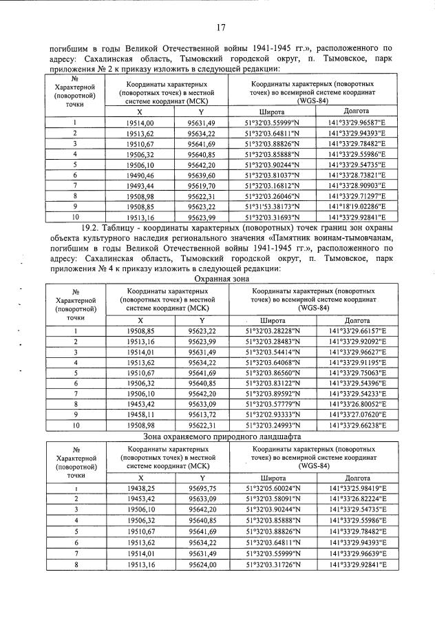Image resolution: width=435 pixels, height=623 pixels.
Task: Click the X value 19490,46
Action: click(140, 176)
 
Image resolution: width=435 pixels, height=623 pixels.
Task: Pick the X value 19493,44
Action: click(140, 186)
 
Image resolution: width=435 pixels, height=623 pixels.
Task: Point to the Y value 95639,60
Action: click(202, 176)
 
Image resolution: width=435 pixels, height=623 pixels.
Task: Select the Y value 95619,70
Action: click(202, 186)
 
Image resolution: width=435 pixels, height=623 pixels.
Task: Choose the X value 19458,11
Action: click(140, 415)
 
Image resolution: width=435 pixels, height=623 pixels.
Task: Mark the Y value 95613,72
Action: click(202, 415)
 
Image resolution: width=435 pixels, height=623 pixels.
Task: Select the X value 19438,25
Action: click(140, 488)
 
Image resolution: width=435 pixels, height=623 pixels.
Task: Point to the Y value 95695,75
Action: click(202, 488)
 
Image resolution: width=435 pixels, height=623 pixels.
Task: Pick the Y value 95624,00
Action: click(202, 564)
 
